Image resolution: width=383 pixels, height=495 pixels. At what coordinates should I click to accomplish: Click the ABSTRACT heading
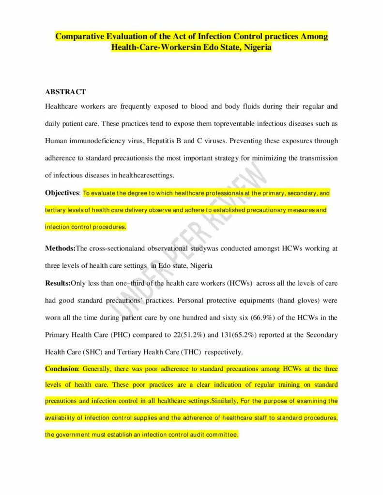tap(65, 91)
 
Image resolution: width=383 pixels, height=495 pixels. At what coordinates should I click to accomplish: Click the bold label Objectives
tap(62, 193)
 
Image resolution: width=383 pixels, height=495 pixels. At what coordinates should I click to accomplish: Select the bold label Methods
tap(60, 248)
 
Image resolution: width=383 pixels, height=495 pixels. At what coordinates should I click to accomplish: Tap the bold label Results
tap(58, 283)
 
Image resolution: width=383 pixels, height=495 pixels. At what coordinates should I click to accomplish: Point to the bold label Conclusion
tap(61, 369)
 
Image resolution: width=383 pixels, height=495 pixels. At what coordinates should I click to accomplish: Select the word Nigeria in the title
tap(257, 47)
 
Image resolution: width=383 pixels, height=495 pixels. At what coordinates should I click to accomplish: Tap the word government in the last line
tap(76, 435)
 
